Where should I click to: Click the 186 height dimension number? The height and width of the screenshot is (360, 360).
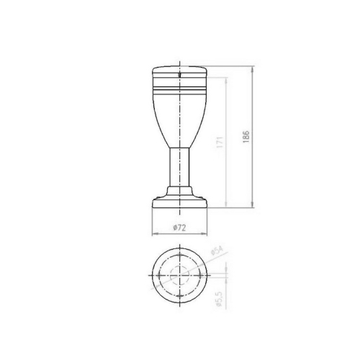click(246, 138)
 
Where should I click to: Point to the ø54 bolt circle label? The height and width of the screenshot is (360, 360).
click(215, 252)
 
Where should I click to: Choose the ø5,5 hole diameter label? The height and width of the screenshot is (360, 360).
click(218, 297)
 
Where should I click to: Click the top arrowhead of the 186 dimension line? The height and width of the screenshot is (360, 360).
click(253, 70)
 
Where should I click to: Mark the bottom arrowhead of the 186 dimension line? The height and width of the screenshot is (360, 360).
click(253, 207)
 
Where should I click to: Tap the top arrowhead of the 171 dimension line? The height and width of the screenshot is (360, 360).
click(228, 81)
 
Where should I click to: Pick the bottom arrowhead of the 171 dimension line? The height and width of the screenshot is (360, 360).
click(228, 207)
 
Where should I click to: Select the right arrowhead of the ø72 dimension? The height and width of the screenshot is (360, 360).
click(207, 234)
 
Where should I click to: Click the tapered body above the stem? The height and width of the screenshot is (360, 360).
click(180, 119)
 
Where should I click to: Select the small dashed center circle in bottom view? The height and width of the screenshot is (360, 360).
click(180, 276)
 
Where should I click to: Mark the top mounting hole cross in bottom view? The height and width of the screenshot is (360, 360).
click(180, 257)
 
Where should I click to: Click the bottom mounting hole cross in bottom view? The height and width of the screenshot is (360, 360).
click(180, 296)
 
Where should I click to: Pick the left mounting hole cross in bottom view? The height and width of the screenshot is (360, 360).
click(161, 276)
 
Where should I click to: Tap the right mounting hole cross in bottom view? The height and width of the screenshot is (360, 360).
click(199, 276)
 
